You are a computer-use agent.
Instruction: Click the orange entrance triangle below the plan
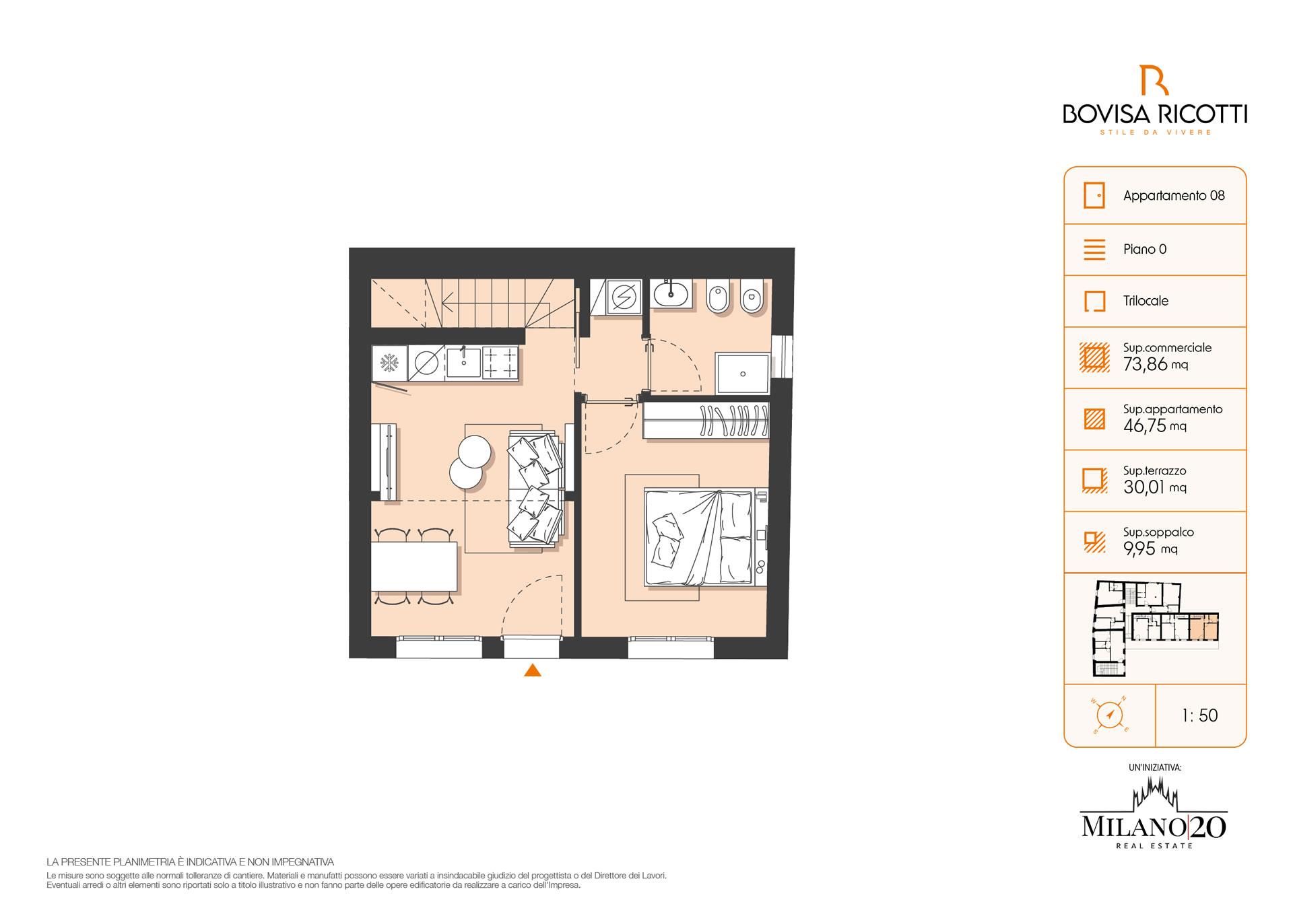(x=533, y=670)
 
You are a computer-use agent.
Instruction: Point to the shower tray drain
(x=743, y=374)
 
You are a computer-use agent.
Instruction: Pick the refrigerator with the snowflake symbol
(x=389, y=363)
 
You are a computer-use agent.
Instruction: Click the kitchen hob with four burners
(x=500, y=363)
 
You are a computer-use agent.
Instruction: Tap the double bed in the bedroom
(x=698, y=537)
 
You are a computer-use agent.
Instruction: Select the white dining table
(x=414, y=567)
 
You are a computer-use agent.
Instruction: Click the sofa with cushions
(x=535, y=488)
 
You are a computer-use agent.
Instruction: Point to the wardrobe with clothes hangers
(x=706, y=420)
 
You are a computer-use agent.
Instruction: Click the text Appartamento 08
(x=1174, y=196)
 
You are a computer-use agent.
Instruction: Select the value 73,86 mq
(x=1156, y=364)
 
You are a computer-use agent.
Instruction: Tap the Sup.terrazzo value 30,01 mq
(x=1155, y=487)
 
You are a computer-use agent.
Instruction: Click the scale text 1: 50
(x=1200, y=715)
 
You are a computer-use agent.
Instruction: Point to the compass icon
(x=1110, y=715)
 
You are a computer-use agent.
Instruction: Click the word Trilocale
(x=1146, y=301)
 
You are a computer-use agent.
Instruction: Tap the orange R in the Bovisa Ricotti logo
(x=1154, y=80)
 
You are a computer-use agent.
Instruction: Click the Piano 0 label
(x=1145, y=249)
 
